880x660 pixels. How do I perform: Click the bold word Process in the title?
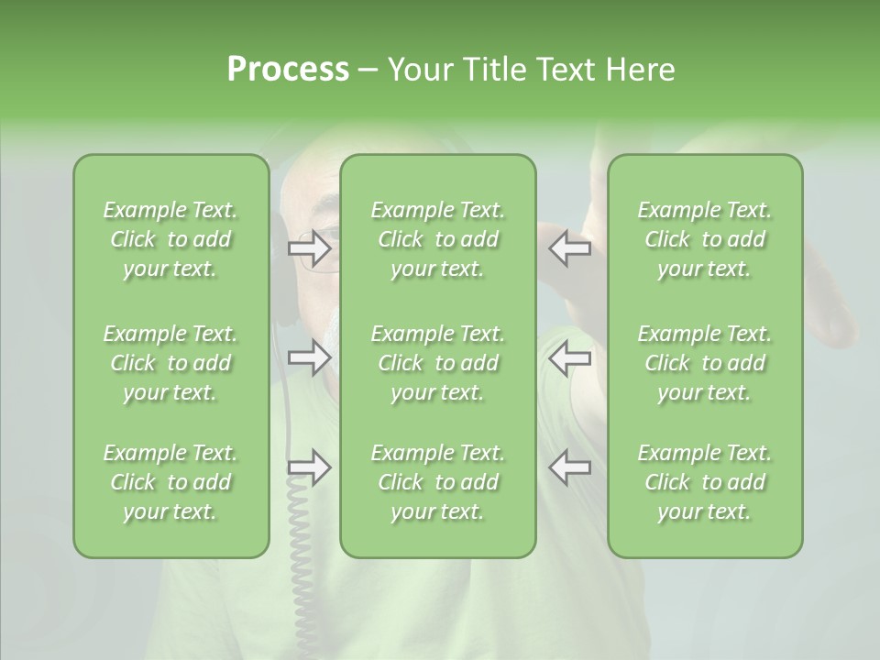[x=288, y=70]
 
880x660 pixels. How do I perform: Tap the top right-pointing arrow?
[x=310, y=247]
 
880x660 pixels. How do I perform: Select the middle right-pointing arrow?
[x=310, y=357]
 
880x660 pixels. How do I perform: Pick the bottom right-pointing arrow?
[x=310, y=467]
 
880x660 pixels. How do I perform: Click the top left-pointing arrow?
[x=569, y=247]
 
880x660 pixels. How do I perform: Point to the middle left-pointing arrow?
[x=569, y=357]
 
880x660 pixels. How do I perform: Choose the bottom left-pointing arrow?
[x=569, y=467]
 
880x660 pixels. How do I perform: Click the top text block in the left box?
[x=170, y=239]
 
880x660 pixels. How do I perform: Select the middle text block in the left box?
[x=170, y=363]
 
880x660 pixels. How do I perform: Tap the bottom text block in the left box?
[x=170, y=482]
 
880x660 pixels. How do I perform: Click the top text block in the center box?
[x=438, y=239]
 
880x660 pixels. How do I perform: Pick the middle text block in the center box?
[x=438, y=363]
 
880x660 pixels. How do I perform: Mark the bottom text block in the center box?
[x=438, y=482]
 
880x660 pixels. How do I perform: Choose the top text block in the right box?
[x=705, y=239]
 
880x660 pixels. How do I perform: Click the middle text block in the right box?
[x=705, y=363]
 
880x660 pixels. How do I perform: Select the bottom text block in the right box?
[x=705, y=482]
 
